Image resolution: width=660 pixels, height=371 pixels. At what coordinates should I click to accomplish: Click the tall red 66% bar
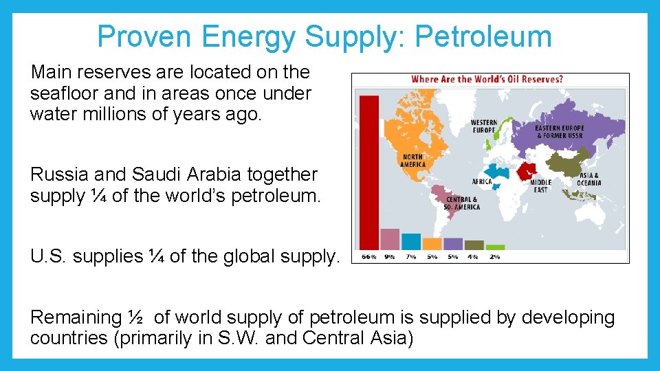[369, 172]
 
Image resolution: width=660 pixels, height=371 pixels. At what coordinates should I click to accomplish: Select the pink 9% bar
[390, 239]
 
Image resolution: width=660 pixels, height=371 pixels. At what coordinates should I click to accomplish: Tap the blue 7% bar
[411, 242]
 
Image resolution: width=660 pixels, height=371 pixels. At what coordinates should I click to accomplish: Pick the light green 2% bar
[495, 247]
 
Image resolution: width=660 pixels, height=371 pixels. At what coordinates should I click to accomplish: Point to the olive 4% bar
[474, 245]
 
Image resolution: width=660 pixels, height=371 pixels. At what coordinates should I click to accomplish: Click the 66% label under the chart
[369, 257]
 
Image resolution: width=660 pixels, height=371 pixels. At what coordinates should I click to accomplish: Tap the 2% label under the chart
[495, 257]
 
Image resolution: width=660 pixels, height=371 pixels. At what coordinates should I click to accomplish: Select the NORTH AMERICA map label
[412, 161]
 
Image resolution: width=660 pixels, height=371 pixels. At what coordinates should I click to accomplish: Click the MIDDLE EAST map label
[540, 186]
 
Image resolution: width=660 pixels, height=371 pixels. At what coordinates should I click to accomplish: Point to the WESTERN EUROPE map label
[483, 126]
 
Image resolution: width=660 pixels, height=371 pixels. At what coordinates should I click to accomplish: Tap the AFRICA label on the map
[482, 181]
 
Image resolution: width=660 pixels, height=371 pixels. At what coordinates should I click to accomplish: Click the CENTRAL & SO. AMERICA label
[463, 203]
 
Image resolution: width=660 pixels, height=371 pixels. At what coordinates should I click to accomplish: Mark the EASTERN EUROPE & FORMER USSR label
[560, 132]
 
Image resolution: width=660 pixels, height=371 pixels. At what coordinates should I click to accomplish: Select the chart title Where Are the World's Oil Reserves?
[487, 79]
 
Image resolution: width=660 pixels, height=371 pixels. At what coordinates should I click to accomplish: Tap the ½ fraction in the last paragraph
[135, 318]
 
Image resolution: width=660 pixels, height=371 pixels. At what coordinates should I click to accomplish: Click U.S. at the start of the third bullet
[49, 257]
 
